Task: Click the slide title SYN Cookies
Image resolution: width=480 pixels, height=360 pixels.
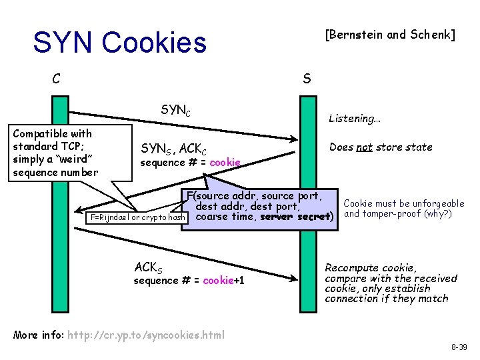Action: (120, 43)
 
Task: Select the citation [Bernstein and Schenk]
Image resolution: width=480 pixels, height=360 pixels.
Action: (389, 35)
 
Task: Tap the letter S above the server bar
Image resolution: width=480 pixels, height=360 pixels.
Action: (306, 79)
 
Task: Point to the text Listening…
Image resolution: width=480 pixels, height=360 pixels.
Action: (354, 119)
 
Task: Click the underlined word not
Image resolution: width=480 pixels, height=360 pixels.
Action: (364, 147)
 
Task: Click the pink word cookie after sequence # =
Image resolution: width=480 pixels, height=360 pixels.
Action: (224, 163)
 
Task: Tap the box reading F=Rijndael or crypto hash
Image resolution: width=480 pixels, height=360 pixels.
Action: (137, 217)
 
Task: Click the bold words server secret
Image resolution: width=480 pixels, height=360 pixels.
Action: (294, 217)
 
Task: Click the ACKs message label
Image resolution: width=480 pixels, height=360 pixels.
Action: (147, 267)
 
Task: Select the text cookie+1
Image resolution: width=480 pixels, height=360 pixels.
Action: (223, 281)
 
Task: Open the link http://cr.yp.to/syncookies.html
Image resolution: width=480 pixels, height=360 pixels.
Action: (146, 334)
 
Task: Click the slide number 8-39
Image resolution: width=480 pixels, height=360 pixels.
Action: (459, 347)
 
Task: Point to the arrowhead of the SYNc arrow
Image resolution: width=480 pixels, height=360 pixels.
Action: (294, 139)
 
